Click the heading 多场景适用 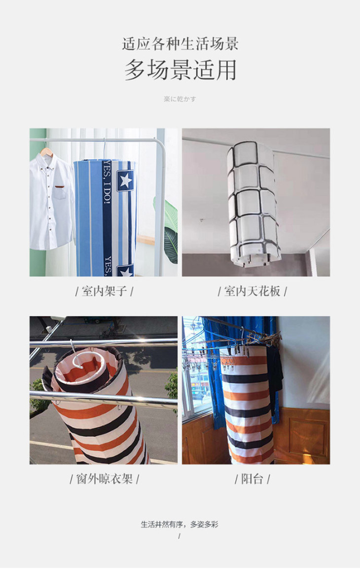180,70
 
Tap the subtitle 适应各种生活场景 180,44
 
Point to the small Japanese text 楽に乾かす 180,99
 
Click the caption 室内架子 105,291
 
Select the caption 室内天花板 252,291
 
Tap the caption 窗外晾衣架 105,479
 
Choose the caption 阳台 252,479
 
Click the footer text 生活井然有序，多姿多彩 180,524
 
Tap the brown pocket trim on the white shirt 60,187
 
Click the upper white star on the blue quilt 125,180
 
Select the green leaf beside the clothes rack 171,232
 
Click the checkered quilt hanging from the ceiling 253,204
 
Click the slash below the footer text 180,536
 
